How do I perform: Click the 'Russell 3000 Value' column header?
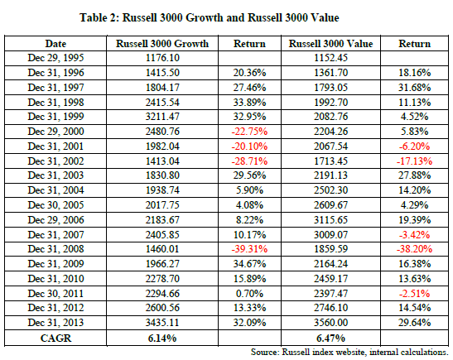click(330, 44)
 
